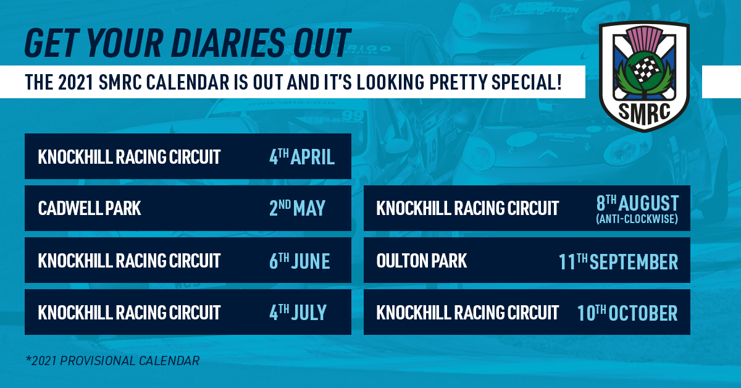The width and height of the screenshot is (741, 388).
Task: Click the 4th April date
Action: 302,156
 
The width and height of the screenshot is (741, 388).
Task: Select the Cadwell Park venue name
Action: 90,208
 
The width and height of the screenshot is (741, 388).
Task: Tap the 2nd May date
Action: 297,208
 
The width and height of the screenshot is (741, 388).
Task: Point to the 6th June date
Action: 299,261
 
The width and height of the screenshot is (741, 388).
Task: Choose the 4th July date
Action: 298,312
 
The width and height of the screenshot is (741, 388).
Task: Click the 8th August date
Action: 637,203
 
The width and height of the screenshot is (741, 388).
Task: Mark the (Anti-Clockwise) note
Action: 637,219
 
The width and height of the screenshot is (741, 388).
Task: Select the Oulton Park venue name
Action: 421,261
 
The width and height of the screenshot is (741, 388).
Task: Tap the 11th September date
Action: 618,261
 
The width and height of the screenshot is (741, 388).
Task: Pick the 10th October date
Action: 627,313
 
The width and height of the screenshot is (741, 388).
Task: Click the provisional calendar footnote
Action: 112,361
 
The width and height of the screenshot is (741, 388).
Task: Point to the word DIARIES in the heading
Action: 228,43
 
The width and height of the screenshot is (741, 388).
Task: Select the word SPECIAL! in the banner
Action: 527,82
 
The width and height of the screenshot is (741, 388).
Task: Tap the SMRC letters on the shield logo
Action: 644,112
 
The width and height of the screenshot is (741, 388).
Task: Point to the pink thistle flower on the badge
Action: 645,40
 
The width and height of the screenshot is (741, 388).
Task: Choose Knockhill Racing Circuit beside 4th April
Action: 129,156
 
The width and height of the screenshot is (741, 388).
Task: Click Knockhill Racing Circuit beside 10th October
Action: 467,312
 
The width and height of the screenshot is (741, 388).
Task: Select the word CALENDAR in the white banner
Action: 188,82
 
